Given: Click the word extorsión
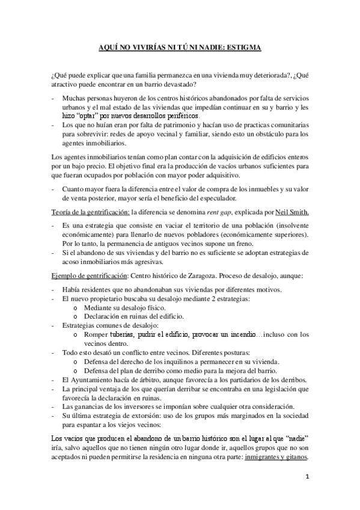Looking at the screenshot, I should click(x=149, y=416).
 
